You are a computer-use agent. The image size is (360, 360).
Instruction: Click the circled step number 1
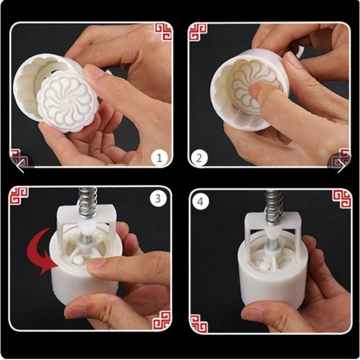[x=160, y=158]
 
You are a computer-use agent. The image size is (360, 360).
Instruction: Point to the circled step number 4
[x=200, y=202]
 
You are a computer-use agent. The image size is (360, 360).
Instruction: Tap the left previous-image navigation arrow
[x=20, y=166]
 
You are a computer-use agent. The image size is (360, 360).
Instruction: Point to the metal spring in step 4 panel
[x=273, y=205]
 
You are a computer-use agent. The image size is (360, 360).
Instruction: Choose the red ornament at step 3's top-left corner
[x=18, y=195]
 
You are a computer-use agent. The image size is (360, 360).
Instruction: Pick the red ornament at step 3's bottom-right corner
[x=162, y=320]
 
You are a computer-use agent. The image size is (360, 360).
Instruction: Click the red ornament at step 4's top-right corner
[x=342, y=198]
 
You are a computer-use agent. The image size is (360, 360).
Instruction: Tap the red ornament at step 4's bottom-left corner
[x=198, y=323]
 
